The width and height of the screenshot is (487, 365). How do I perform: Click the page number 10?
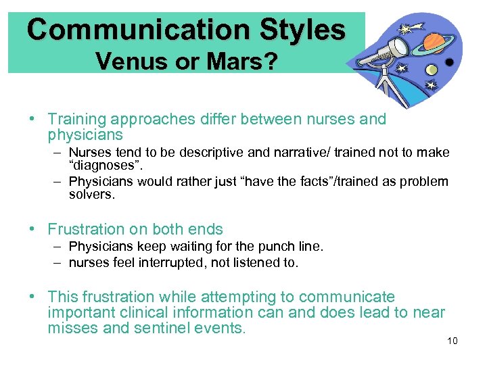[x=453, y=341]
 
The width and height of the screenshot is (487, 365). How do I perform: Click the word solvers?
[x=92, y=194]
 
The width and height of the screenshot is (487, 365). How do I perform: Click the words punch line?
[x=295, y=247]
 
